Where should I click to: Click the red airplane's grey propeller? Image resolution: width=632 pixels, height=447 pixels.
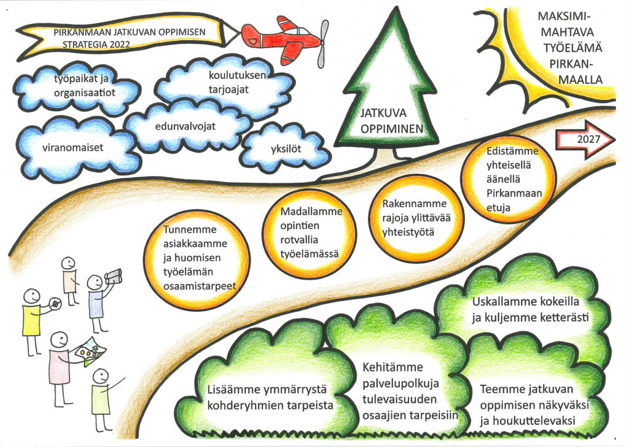tap(322, 44)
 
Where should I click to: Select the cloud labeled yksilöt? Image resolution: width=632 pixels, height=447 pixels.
tap(286, 148)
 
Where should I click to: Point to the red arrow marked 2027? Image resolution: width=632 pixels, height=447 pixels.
tap(585, 140)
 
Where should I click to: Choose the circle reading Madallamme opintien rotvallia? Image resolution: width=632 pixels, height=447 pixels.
tap(309, 233)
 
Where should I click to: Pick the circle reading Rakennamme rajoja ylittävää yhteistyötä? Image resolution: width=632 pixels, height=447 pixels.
tap(417, 218)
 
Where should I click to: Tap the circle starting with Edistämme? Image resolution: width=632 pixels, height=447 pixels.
tap(509, 180)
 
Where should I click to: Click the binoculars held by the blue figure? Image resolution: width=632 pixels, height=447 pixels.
tap(114, 276)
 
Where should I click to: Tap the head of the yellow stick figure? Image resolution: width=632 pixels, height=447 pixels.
tap(31, 298)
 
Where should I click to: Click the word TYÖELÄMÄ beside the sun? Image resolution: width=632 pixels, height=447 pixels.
tap(572, 48)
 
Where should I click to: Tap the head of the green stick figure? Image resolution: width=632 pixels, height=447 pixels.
tap(101, 377)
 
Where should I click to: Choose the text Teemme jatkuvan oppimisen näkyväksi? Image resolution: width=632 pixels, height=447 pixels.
tap(534, 397)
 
